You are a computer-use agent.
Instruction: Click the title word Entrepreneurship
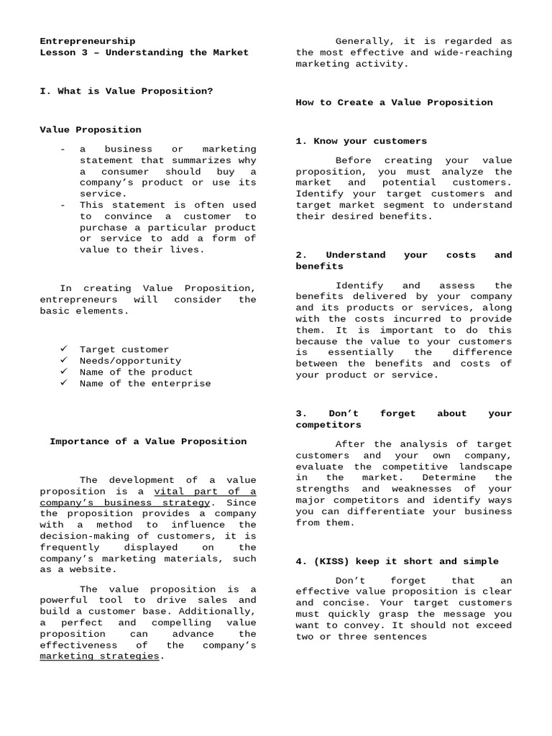(x=87, y=41)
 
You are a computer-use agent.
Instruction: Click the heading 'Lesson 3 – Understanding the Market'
(x=144, y=52)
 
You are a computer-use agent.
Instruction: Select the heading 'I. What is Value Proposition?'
(x=126, y=91)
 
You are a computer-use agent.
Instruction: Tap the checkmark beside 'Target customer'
(x=64, y=349)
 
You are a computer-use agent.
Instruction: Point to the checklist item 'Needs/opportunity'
(x=130, y=361)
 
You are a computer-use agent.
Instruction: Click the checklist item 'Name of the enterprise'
(x=145, y=383)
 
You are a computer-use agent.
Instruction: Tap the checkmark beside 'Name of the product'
(x=64, y=372)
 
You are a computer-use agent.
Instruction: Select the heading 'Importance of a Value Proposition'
(x=148, y=441)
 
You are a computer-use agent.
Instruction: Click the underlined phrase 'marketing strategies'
(x=99, y=656)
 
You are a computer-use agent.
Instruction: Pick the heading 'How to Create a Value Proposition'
(x=394, y=102)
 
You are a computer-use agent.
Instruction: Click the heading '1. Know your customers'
(x=361, y=141)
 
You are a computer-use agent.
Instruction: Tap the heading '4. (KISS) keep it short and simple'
(x=397, y=561)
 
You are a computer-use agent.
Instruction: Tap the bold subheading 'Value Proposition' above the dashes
(x=90, y=130)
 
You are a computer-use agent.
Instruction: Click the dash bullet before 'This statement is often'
(x=64, y=205)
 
